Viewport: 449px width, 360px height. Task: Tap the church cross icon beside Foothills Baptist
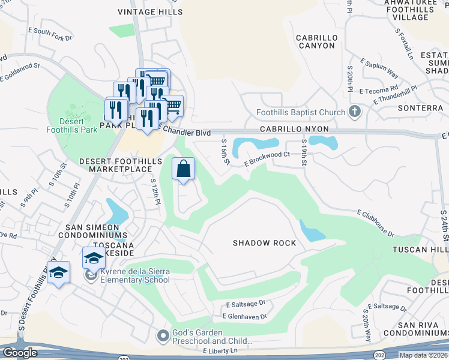pos(355,112)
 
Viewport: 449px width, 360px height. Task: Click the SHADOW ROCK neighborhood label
pos(265,243)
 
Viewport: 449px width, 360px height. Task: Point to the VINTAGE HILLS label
pos(149,12)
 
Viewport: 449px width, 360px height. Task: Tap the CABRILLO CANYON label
pos(316,41)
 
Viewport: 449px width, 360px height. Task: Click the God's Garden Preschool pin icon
pos(162,337)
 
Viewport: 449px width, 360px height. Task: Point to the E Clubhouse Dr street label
pos(375,223)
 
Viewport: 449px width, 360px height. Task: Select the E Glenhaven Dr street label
pos(243,316)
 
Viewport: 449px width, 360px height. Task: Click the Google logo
pos(20,353)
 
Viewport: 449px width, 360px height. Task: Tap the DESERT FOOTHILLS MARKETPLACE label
pos(119,166)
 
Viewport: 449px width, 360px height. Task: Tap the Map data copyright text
pos(424,355)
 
